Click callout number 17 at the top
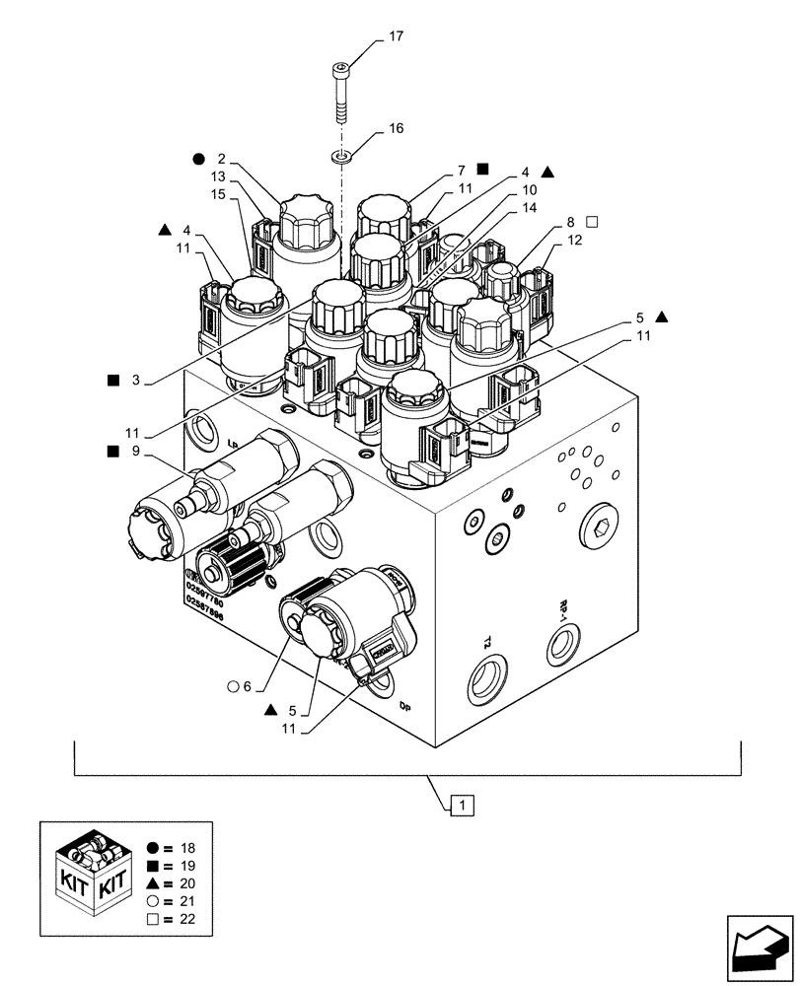tap(396, 36)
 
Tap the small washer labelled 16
tap(340, 155)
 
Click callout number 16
tap(396, 128)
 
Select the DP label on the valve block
tap(404, 706)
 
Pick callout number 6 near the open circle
tap(248, 687)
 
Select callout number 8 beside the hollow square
tap(570, 222)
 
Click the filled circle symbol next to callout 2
tap(199, 158)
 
